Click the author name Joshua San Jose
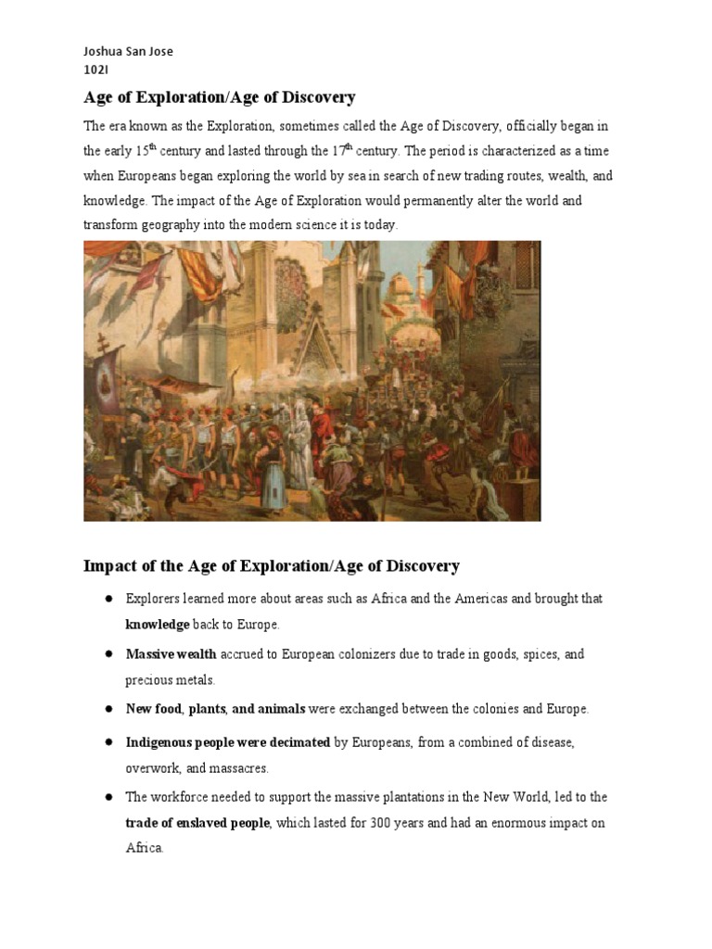[x=128, y=51]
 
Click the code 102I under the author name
[x=95, y=69]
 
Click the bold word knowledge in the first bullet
[x=158, y=625]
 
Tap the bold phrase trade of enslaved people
[x=197, y=823]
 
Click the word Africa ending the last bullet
[x=144, y=848]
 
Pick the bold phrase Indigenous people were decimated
[x=228, y=742]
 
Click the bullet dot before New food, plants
[x=108, y=709]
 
